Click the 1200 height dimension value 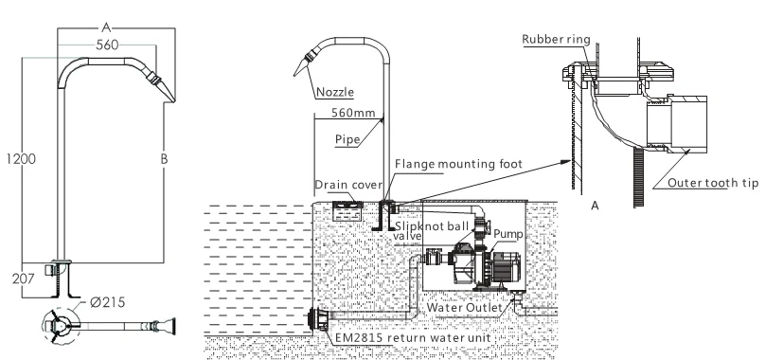21,159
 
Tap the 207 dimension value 24,279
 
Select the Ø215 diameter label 107,302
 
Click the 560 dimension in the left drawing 107,45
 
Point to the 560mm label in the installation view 353,113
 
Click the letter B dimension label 164,159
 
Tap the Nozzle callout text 335,92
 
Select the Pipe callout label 347,139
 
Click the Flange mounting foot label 458,164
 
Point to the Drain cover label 348,185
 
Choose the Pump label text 507,234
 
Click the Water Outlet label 465,308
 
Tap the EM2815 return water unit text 412,338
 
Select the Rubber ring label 556,40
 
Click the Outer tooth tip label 713,183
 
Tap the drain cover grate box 347,211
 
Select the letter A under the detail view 595,207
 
